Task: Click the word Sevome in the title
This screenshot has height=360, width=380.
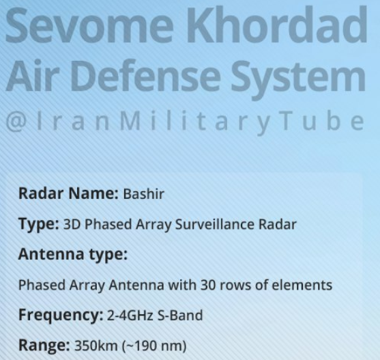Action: click(89, 25)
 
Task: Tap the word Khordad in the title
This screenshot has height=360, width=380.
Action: click(277, 25)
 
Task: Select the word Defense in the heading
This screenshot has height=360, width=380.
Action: click(145, 74)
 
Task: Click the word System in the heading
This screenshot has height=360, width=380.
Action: click(298, 79)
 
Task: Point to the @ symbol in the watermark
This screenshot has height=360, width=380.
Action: click(16, 122)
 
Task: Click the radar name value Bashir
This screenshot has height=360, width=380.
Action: click(144, 194)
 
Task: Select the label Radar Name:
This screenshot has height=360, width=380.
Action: click(69, 193)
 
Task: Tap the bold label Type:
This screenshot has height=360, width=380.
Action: click(39, 224)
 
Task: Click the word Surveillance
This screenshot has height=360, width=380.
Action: click(215, 224)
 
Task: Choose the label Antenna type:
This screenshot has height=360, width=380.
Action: click(73, 255)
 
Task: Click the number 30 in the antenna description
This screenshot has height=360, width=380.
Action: click(208, 285)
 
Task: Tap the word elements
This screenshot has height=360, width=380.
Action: click(302, 285)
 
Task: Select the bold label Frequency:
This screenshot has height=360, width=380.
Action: click(61, 316)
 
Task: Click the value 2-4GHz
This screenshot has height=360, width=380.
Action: click(130, 316)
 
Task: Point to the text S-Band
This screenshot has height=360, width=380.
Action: click(180, 316)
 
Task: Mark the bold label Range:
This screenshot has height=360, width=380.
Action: click(44, 346)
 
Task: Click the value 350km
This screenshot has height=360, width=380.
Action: click(96, 346)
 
